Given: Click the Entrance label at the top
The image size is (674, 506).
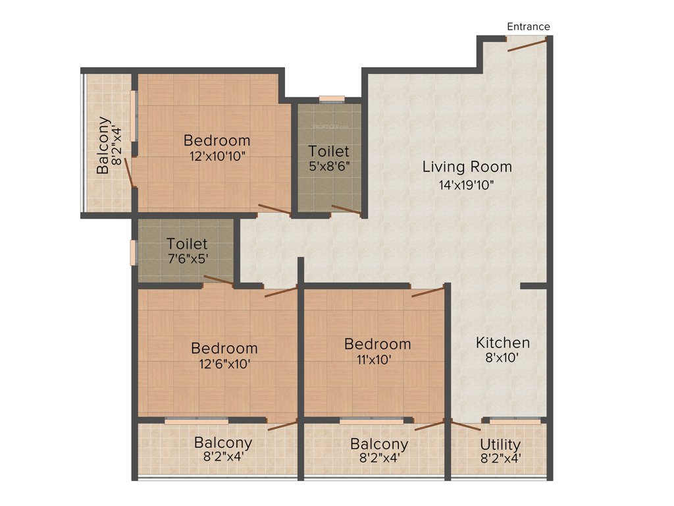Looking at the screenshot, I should coord(528,26).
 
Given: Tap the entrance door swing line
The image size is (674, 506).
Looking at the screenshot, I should coord(527,45).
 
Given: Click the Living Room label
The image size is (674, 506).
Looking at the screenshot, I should coord(467,167).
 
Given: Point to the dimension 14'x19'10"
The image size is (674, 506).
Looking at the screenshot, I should coord(467,185).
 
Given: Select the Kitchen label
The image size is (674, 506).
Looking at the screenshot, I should coord(503,343).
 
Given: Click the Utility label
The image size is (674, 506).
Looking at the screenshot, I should coord(500,444).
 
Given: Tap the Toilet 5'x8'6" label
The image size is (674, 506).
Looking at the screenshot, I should coord(329,152).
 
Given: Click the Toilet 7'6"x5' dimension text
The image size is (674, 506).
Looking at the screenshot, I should coord(187,259).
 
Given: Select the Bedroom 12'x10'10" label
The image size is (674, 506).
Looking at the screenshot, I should coord(217,140).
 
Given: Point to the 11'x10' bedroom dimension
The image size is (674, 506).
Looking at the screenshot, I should coord(377,359).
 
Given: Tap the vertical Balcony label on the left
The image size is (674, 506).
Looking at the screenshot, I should coord(103,145).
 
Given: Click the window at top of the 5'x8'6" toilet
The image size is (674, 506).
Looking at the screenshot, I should coord(332,99).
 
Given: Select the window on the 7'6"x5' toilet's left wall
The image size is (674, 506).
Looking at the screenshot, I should coord(134,252).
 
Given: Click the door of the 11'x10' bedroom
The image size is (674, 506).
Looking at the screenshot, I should coord(428,292).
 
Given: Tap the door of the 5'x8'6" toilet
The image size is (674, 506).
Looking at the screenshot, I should coord(346,210).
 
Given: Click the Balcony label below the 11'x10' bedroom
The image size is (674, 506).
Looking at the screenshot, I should coord(378,444).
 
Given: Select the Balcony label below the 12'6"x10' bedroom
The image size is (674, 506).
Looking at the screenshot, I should coord(223,442).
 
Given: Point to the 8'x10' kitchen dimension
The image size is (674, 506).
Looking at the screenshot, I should coord(503,360).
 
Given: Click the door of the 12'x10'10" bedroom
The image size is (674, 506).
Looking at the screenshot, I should coord(274,210).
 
